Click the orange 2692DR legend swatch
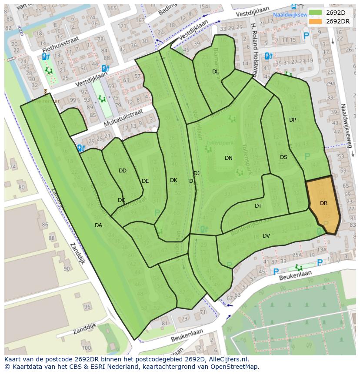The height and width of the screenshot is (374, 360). click(316, 21)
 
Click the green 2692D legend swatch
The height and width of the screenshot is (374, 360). click(316, 13)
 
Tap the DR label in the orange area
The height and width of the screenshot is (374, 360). click(323, 203)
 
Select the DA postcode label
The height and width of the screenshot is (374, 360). click(98, 225)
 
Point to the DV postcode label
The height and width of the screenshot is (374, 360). click(266, 236)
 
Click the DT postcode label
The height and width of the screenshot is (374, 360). click(258, 206)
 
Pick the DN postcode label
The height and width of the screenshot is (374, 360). click(229, 158)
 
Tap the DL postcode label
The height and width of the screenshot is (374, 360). click(216, 71)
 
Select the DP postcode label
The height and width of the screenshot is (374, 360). click(293, 120)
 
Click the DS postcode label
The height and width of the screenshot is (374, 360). click(283, 157)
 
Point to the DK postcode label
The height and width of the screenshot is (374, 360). click(173, 180)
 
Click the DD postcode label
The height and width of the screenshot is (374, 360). click(123, 171)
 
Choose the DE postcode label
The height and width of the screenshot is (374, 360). click(145, 181)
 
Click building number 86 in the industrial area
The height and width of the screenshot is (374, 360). click(45, 225)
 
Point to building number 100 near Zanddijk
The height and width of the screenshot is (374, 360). click(86, 348)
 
